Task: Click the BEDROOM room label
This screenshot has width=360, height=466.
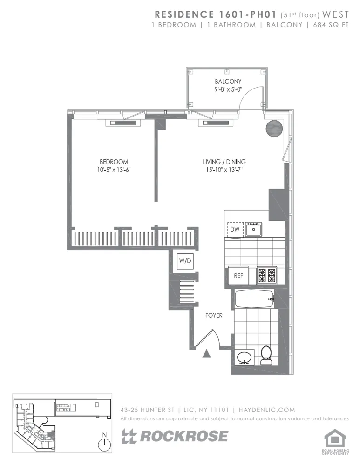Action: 114,162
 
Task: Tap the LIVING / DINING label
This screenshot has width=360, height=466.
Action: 224,162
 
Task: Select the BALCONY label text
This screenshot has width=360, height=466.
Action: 227,82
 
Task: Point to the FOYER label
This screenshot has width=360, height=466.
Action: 214,315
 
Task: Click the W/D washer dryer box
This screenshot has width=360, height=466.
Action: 185,261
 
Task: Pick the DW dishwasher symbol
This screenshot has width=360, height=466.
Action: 235,229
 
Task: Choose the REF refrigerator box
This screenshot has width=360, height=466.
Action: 238,275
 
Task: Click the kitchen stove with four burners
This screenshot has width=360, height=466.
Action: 267,275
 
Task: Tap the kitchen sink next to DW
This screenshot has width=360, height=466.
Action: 254,229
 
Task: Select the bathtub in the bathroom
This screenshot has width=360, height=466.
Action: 254,298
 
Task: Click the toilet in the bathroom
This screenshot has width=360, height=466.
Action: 266,356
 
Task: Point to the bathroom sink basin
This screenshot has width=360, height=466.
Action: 245,358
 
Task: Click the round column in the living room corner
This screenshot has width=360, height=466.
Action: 274,128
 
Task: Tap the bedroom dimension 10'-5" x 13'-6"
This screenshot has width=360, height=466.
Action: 114,170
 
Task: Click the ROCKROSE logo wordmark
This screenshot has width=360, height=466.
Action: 175,436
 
